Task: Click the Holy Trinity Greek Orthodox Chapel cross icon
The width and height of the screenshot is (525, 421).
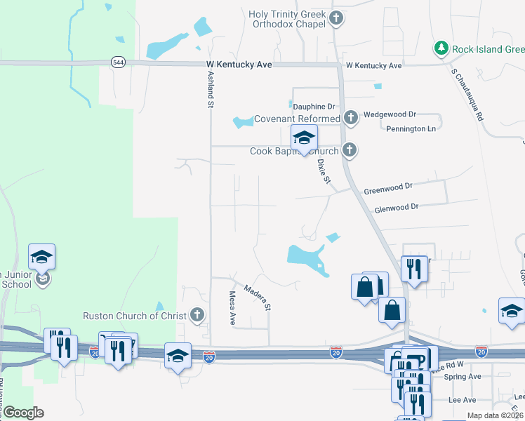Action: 336,18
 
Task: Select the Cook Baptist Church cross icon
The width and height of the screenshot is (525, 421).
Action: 350,150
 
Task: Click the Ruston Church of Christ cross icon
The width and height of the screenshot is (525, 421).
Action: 198,315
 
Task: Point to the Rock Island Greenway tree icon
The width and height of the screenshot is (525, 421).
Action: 441,48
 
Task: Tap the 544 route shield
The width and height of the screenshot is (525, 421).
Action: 118,62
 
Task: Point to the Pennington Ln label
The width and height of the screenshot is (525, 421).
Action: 411,129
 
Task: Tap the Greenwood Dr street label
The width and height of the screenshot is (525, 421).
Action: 387,191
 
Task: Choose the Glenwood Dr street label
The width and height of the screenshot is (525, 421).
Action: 396,207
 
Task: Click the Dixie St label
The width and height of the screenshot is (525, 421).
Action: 324,170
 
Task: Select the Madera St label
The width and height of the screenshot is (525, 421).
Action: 258,297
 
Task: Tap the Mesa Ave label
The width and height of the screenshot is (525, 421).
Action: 232,307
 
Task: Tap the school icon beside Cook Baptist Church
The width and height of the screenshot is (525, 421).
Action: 304,138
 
